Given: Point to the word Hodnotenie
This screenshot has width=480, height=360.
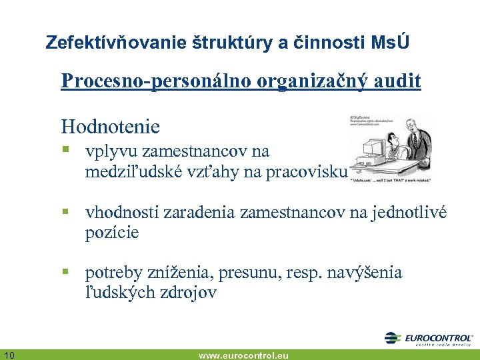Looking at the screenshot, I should [110, 126].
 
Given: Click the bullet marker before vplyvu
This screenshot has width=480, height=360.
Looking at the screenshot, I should [66, 151].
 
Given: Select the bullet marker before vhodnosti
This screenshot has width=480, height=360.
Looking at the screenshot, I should [66, 212].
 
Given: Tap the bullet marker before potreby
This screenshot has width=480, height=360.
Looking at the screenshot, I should [66, 273].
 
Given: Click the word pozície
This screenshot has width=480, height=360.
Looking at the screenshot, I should [111, 233].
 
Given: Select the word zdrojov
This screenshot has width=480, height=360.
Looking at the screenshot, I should [187, 293].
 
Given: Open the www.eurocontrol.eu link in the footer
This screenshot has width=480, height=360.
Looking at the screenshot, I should [243, 355].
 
